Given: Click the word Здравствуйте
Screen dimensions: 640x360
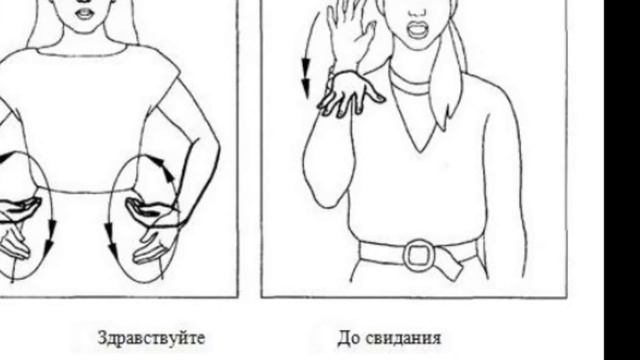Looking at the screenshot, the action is pyautogui.click(x=151, y=338).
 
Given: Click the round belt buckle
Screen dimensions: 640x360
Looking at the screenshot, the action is pyautogui.click(x=419, y=255).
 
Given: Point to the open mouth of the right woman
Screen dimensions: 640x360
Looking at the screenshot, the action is pyautogui.click(x=417, y=30).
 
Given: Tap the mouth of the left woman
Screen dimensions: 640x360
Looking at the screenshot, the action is pyautogui.click(x=85, y=13).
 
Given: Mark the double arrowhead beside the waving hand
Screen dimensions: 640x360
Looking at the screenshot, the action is pyautogui.click(x=306, y=78).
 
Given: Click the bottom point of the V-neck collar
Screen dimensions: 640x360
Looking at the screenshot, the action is pyautogui.click(x=420, y=152).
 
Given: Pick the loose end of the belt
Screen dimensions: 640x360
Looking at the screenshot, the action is pyautogui.click(x=448, y=266).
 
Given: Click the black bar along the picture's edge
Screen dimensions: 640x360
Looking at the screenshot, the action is pyautogui.click(x=622, y=180).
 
